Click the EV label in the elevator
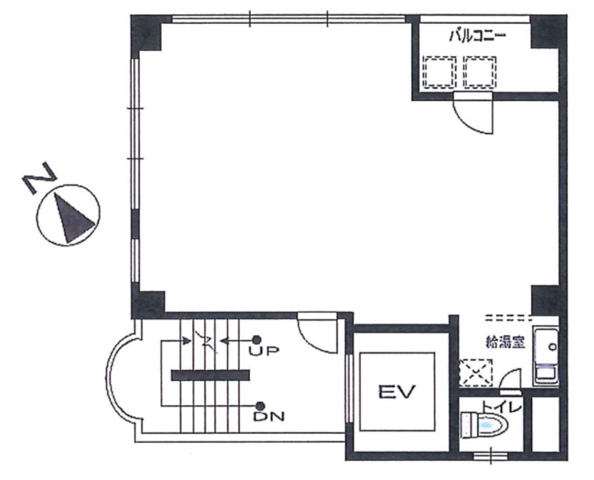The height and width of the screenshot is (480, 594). coord(397,392)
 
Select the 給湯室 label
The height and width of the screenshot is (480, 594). coord(505,343)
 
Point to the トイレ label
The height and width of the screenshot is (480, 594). coord(502,406)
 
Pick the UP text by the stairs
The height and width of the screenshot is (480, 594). coord(264,351)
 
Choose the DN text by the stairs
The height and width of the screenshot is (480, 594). coord(269,417)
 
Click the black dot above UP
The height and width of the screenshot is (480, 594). coord(257,340)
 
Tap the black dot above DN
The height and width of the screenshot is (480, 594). coord(260,406)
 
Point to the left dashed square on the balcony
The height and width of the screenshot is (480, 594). coord(439,72)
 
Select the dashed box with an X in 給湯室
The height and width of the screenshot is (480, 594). coord(476,373)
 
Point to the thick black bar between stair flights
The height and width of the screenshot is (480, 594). coord(210,375)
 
